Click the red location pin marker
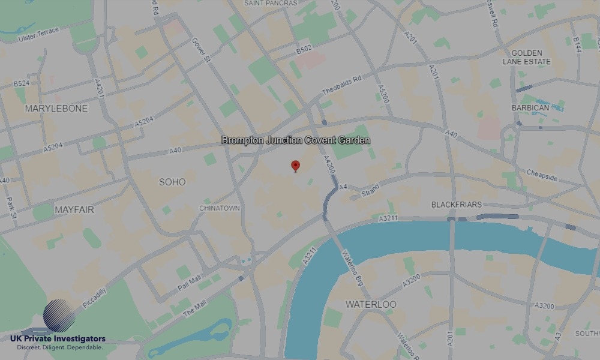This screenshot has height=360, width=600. pos(295,166)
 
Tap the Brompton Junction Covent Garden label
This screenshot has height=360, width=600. pos(296,140)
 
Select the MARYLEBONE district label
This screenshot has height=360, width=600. pos(56,109)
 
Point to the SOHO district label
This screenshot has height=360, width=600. pos(172,182)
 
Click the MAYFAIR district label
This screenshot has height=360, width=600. pos(74,210)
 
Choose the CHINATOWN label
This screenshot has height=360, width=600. pos(220,208)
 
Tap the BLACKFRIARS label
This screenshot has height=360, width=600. pos(456,205)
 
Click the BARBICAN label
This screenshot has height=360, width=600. pos(530,108)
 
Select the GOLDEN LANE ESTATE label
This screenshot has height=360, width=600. pos(526,57)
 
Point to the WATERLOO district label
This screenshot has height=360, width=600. pos(371,305)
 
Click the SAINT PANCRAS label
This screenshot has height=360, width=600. pos(271,3)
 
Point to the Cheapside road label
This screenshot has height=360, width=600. pos(542,176)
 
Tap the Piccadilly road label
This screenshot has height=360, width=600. pos(94,298)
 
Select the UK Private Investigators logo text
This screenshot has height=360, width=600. pos(58,340)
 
